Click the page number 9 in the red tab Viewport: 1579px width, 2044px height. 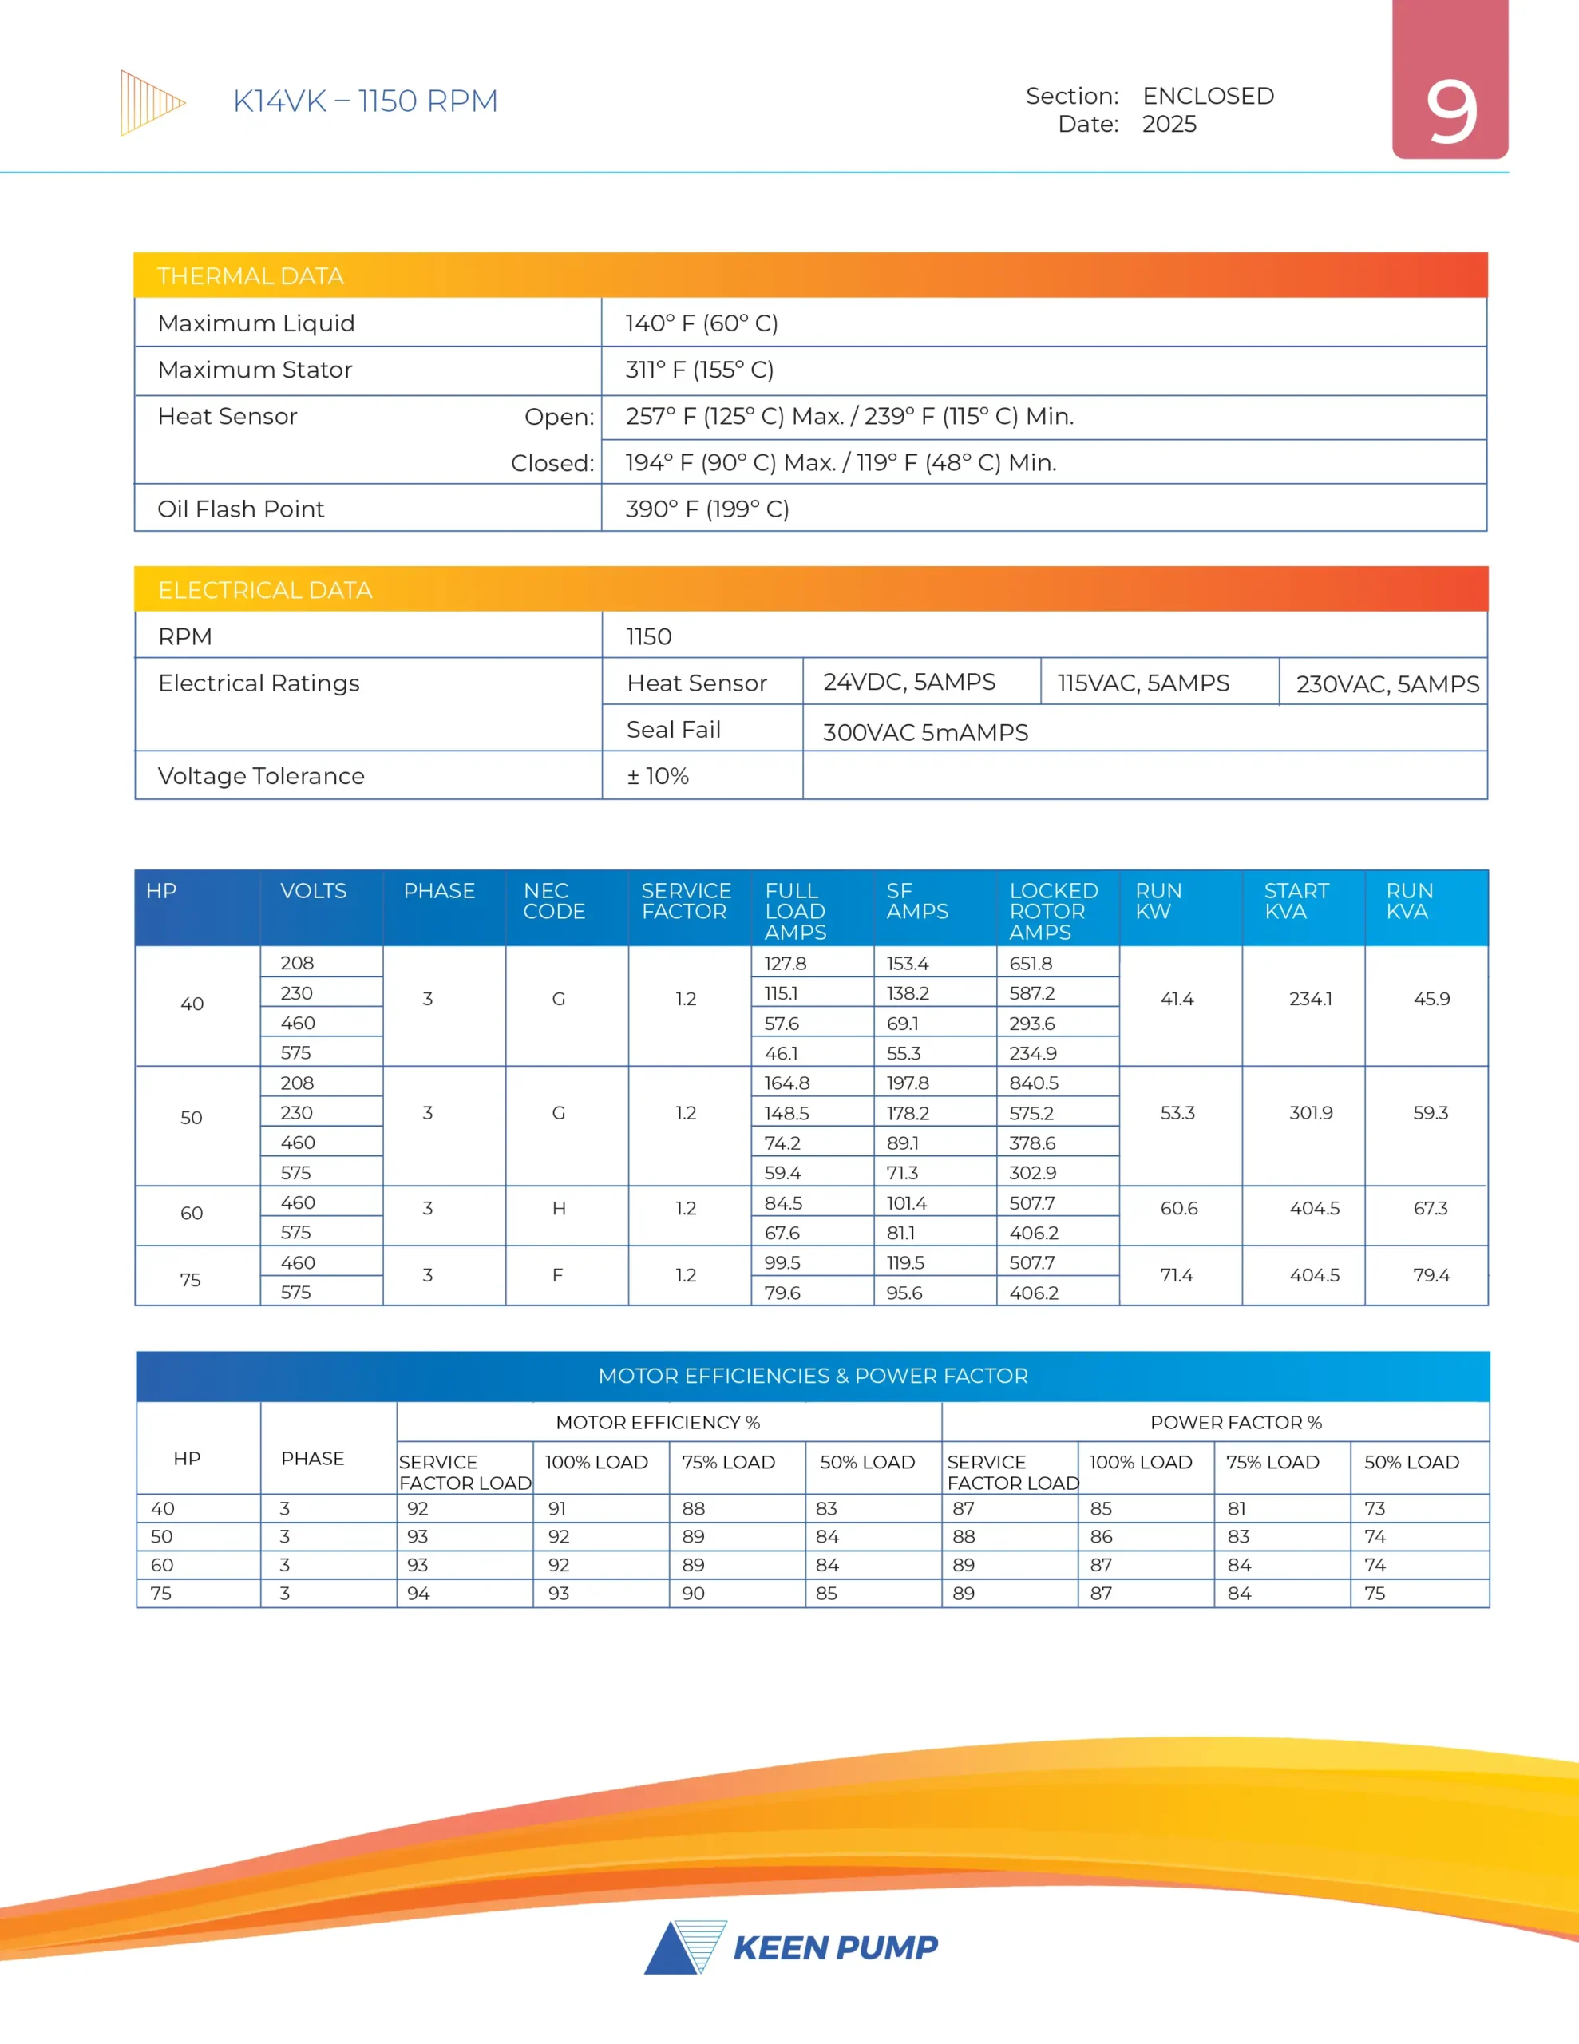[1450, 113]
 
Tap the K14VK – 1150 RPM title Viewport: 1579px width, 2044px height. [365, 101]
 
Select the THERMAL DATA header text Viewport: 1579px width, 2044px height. [250, 276]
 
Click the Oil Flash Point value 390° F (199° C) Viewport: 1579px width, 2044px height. [706, 509]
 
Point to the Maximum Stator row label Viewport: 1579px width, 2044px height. [255, 370]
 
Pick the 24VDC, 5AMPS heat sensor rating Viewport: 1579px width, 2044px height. [908, 683]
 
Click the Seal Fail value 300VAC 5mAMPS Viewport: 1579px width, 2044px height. [924, 732]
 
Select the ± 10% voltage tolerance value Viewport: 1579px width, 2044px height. [657, 776]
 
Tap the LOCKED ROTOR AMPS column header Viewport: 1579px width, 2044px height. [1053, 911]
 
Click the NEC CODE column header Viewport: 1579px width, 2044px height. [553, 901]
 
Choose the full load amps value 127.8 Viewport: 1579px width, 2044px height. [786, 963]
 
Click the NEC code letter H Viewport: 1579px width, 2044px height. [559, 1208]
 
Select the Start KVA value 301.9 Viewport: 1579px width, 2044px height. [1310, 1113]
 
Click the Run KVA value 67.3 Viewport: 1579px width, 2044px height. [1431, 1208]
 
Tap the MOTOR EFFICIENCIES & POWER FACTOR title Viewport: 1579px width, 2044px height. [813, 1376]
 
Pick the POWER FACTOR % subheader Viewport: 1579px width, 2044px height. [1236, 1423]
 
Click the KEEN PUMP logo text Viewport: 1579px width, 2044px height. [835, 1947]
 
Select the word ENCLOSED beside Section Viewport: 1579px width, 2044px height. [1208, 97]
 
